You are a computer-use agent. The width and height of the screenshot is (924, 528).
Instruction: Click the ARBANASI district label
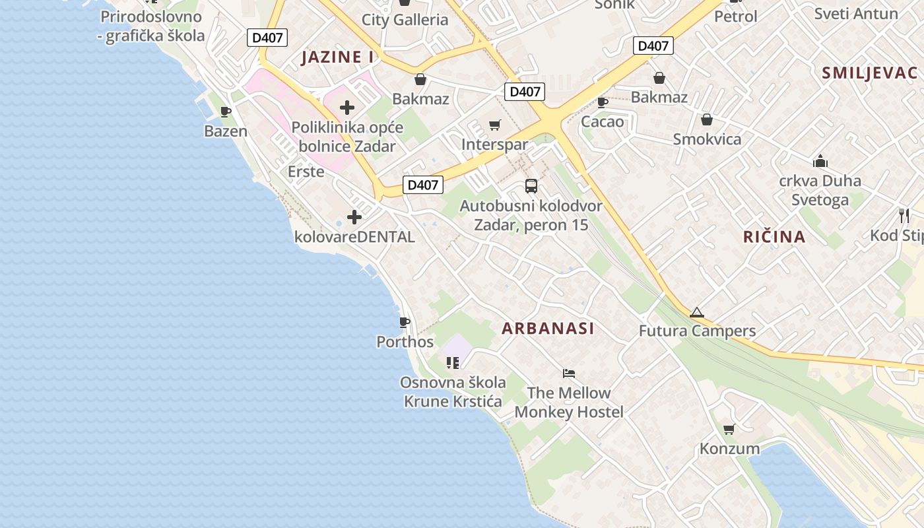pos(548,328)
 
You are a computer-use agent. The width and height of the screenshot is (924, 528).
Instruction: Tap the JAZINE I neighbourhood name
pos(337,57)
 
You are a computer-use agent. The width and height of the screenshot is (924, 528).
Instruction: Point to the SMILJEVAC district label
pos(869,73)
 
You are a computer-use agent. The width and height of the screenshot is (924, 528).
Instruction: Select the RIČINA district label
pos(774,236)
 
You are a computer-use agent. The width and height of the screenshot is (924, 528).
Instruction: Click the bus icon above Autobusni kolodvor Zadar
pos(531,185)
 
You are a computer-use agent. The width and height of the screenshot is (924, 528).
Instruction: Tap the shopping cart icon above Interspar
pos(495,125)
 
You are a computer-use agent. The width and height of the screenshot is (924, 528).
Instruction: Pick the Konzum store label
pos(729,449)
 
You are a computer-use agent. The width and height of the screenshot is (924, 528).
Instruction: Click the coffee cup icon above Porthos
pos(405,322)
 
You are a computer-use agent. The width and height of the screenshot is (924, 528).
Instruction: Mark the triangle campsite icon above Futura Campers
pos(697,312)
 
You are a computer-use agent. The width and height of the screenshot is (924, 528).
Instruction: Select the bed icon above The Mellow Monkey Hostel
pos(569,374)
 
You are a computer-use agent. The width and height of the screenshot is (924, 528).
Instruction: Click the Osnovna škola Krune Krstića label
pos(453,391)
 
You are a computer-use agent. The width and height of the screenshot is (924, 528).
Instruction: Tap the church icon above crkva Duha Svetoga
pos(820,161)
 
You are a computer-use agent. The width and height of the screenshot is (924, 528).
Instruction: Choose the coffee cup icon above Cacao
pos(602,102)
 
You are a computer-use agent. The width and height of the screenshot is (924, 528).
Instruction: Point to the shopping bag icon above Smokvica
pos(707,119)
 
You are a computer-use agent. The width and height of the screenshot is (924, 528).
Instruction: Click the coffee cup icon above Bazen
pos(226,112)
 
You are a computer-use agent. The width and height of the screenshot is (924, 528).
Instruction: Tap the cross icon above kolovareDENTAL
pos(354,216)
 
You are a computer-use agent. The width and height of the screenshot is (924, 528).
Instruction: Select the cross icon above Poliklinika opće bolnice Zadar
pos(347,108)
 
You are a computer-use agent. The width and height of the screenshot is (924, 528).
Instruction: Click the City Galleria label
pos(405,19)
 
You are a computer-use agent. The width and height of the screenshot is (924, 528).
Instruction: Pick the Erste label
pos(306,172)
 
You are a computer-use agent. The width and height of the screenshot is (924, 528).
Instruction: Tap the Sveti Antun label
pos(856,13)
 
